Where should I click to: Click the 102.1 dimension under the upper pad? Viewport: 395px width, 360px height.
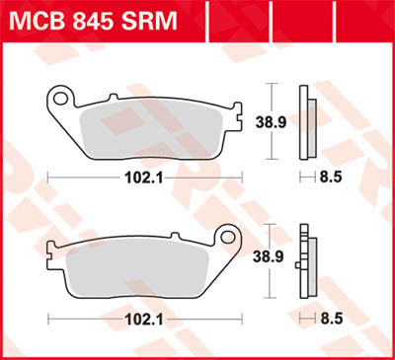coord(146,179)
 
